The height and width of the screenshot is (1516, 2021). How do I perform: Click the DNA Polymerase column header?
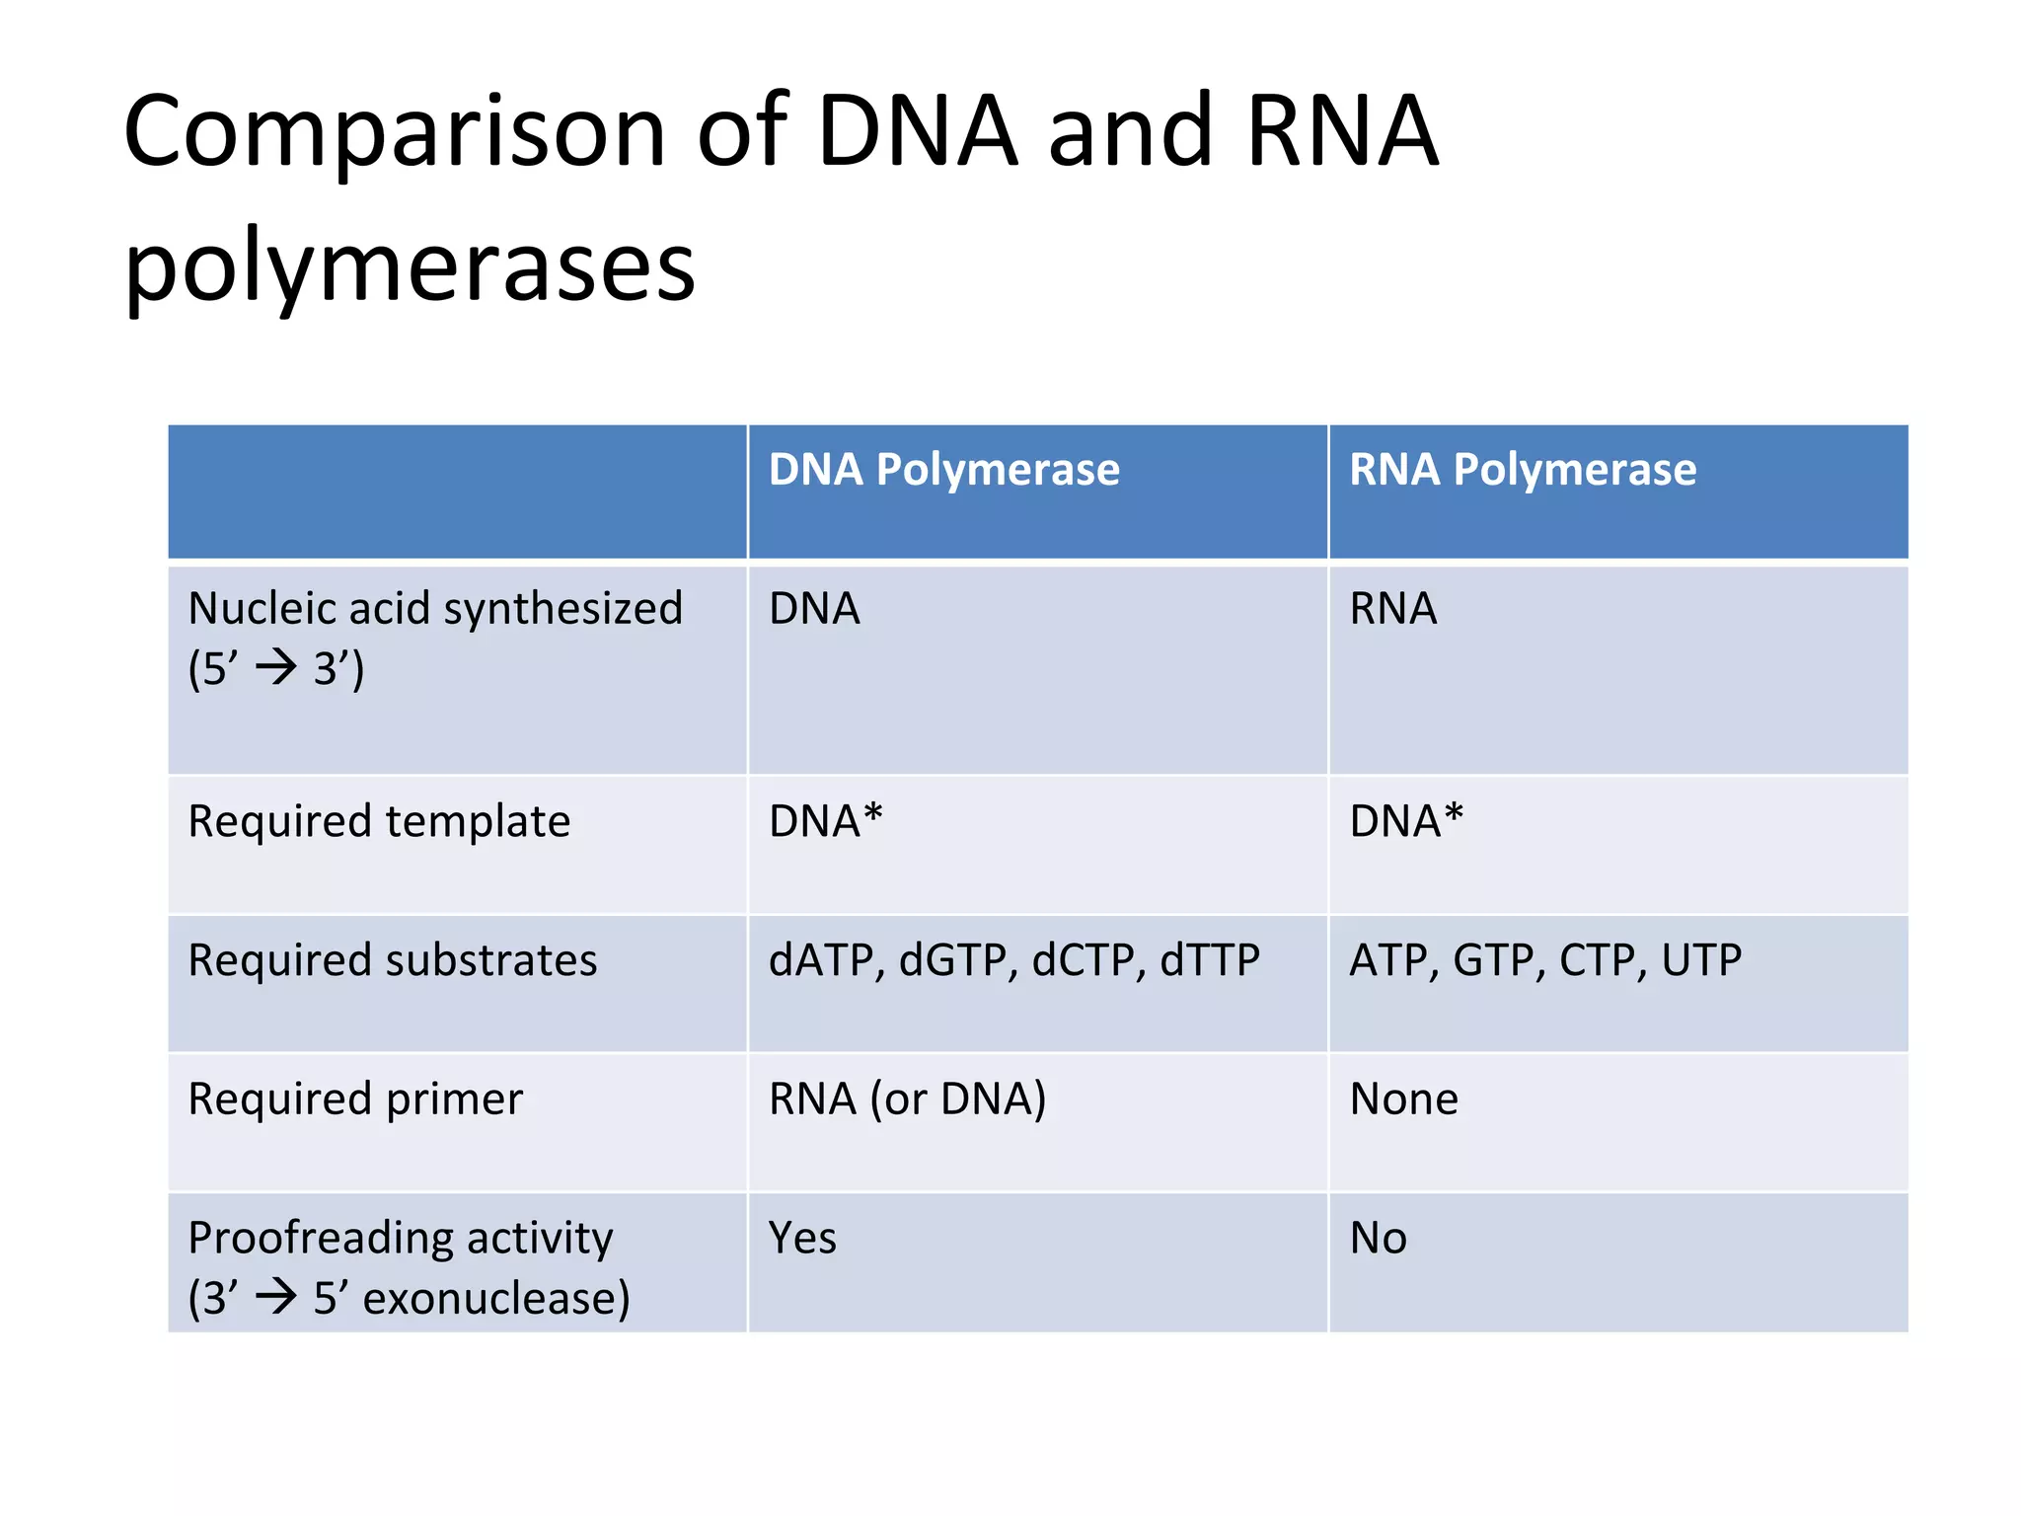[x=943, y=470]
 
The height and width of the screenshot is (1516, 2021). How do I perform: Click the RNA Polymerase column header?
[x=1522, y=470]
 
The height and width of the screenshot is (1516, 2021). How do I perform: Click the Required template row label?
[x=379, y=821]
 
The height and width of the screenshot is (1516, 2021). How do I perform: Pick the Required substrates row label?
[x=392, y=960]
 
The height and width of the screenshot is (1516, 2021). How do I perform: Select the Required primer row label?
[x=355, y=1099]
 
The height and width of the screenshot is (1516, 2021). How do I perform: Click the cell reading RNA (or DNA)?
[x=907, y=1099]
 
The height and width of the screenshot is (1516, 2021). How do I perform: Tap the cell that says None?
[x=1403, y=1099]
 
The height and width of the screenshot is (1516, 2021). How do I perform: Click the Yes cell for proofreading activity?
[x=802, y=1239]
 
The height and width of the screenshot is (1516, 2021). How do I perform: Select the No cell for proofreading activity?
[x=1378, y=1239]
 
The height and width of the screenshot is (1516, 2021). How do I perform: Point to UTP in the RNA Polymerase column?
[x=1701, y=960]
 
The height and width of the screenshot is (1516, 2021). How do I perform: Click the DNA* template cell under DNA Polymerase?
[x=825, y=821]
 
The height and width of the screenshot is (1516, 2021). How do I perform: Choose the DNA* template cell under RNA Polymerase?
[x=1405, y=821]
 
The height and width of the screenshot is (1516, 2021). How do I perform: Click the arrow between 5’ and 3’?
[x=276, y=668]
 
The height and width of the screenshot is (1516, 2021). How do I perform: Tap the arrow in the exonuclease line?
[x=276, y=1296]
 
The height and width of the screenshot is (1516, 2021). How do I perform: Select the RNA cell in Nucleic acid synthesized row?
[x=1392, y=609]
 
